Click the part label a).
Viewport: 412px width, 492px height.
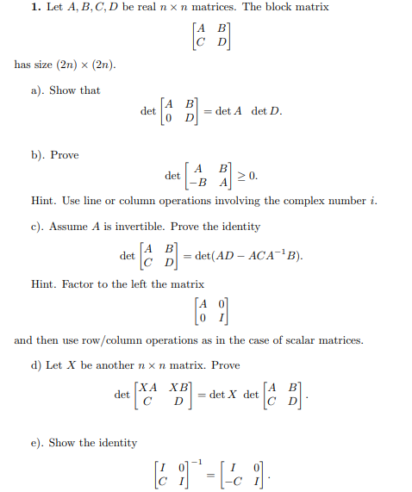tap(38, 90)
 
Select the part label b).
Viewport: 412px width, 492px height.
tap(38, 155)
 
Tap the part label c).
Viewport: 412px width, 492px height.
tap(37, 227)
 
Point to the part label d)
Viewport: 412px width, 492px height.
tap(38, 365)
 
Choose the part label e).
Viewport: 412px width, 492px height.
tap(37, 443)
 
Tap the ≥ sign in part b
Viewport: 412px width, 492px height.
tap(241, 176)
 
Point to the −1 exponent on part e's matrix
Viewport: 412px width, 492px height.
tap(204, 458)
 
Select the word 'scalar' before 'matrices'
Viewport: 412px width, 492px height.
tap(296, 340)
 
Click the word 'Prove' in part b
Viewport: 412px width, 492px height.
tap(65, 155)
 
